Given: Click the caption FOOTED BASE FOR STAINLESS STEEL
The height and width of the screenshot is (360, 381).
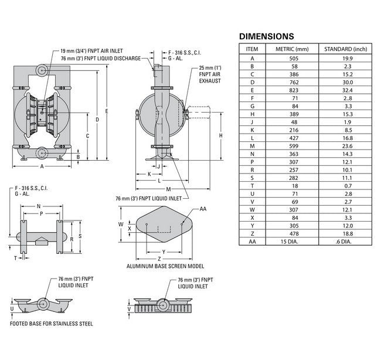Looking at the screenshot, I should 51,323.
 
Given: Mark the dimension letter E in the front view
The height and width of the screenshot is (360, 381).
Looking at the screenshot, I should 106,111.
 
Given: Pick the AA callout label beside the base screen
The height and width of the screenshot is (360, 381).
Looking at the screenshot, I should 203,209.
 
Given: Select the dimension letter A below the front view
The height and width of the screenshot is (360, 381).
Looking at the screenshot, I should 42,167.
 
